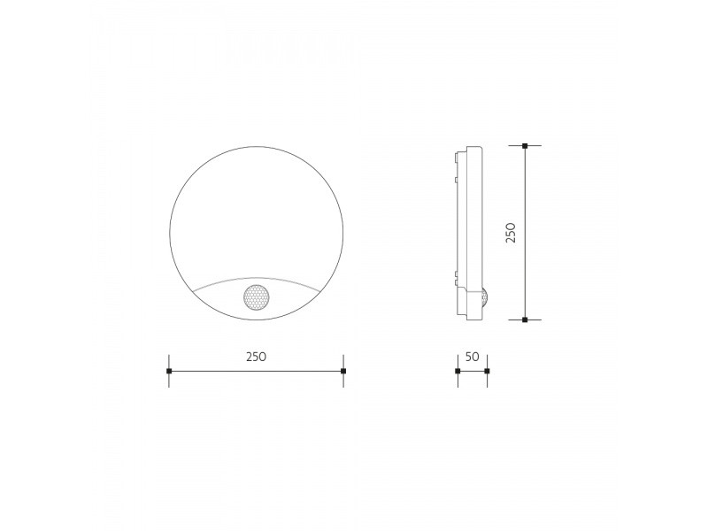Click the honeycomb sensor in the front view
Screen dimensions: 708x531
[x=256, y=297]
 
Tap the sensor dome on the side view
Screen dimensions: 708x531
[x=486, y=298]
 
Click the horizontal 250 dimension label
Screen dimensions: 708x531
[x=256, y=357]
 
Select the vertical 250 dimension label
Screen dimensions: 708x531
[x=511, y=233]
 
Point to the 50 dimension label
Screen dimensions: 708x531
[x=472, y=357]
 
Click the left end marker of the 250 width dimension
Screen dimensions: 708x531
[x=169, y=371]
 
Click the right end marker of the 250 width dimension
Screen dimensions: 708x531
[x=343, y=371]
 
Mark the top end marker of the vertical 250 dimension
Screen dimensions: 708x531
[x=525, y=146]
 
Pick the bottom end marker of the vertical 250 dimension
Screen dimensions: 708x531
[x=525, y=319]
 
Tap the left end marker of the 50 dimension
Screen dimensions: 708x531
[x=458, y=371]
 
